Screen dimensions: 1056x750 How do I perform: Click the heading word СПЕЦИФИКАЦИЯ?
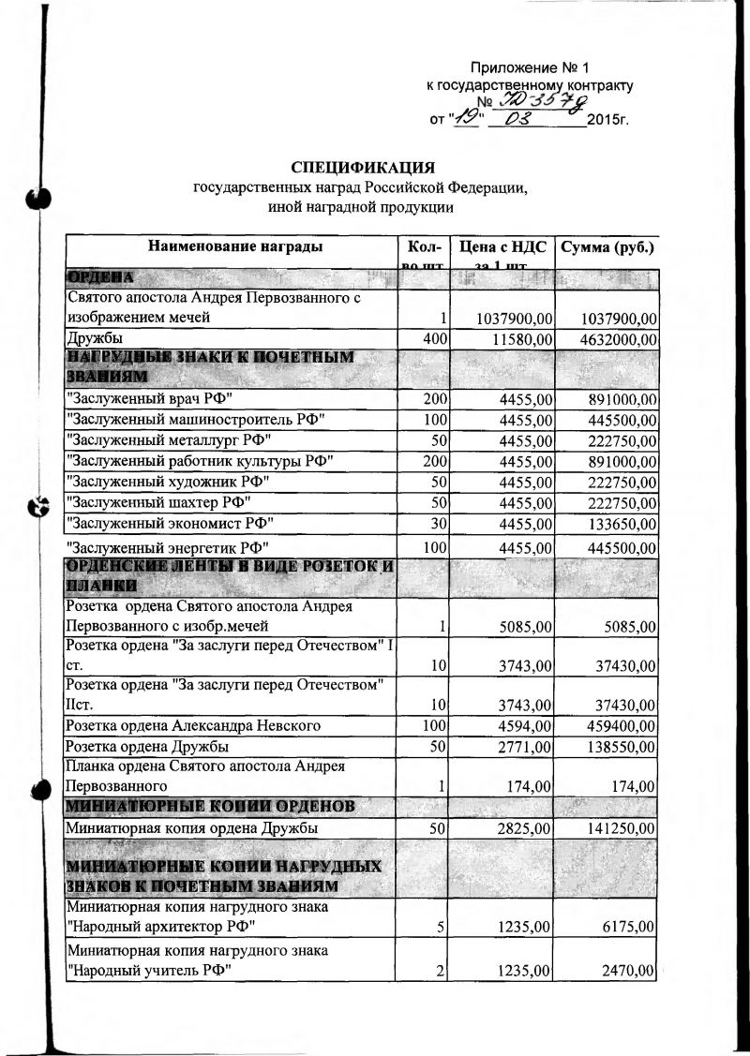click(363, 168)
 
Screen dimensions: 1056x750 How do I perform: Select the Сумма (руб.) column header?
click(607, 247)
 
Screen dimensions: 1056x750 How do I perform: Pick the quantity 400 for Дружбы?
click(434, 338)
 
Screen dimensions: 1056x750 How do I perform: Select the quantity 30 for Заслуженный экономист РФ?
click(439, 522)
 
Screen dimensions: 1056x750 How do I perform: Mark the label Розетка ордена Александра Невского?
click(193, 726)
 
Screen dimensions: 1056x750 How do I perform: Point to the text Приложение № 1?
click(529, 68)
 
